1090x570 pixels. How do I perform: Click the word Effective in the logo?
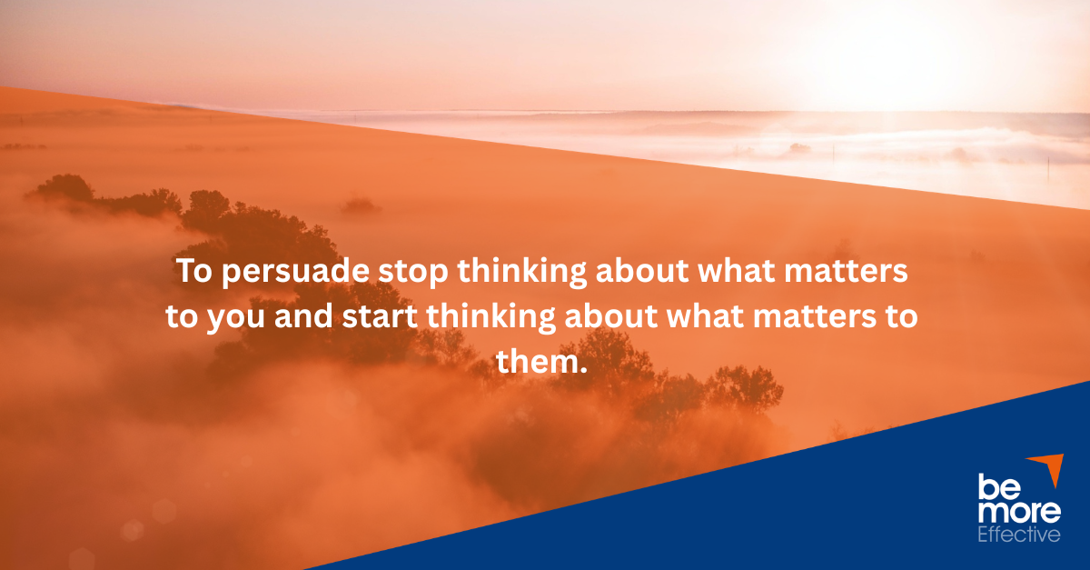tap(1018, 535)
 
